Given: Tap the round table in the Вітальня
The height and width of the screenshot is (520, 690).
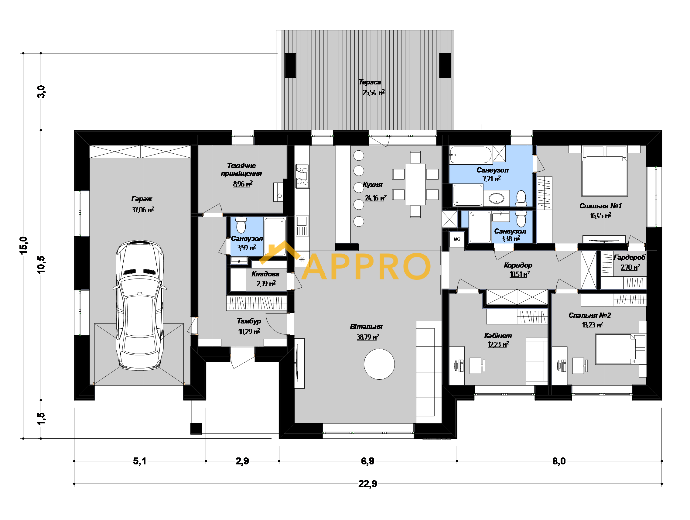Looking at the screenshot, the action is (379, 364).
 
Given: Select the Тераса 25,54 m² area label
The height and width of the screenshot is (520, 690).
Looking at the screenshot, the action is (372, 87).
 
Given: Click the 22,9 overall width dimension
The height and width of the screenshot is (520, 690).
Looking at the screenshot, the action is (367, 484).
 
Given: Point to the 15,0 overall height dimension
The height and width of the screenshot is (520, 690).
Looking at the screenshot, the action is (24, 245).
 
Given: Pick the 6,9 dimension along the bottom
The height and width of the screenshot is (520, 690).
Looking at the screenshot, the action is (367, 461).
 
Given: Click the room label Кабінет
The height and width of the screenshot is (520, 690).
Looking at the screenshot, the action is (498, 336).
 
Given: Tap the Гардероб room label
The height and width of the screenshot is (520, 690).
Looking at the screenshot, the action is (629, 257).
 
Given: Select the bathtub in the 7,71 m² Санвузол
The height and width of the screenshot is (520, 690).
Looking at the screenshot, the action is (470, 155).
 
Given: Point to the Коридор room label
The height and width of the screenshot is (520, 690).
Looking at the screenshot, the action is (518, 265).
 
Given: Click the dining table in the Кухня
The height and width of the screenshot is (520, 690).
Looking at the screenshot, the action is (415, 184).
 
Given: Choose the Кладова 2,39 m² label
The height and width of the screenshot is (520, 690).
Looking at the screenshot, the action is (265, 279).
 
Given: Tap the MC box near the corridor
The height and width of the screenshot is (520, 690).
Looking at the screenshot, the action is (457, 239).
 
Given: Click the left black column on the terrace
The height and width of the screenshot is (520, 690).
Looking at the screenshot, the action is (290, 65).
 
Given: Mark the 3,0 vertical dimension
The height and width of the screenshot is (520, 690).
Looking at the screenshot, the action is (41, 92).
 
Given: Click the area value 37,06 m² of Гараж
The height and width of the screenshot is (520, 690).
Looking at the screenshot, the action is (143, 210).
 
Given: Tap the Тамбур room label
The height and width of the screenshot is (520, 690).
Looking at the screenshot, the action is (249, 321).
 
